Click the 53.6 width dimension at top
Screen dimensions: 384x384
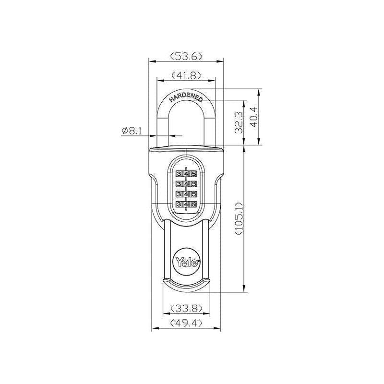[x=186, y=56]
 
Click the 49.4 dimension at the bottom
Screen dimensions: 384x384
[x=186, y=324]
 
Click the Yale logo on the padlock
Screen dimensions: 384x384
[x=186, y=261]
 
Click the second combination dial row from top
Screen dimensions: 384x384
[x=186, y=184]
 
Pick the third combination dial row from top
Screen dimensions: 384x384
[x=186, y=194]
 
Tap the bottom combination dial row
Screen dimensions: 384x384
[x=186, y=204]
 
